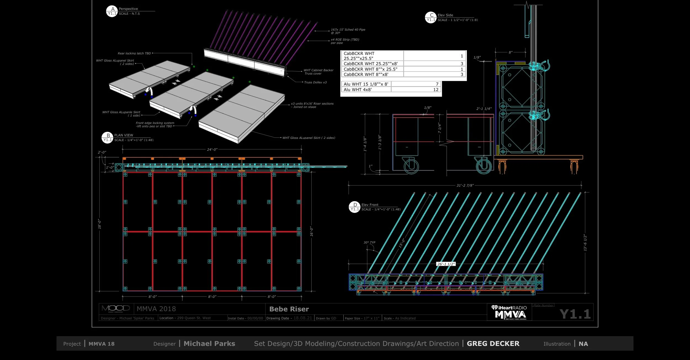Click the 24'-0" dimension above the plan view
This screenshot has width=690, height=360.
(x=212, y=150)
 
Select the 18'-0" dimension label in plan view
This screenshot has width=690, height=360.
(x=100, y=224)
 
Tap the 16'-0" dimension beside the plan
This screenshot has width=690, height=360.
(x=312, y=231)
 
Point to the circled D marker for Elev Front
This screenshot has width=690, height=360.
(x=355, y=207)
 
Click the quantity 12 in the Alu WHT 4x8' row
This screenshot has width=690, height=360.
(x=436, y=90)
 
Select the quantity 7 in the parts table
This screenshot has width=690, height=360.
(x=437, y=84)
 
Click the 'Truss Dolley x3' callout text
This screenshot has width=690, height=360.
(x=315, y=82)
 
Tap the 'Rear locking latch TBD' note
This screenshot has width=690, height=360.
(x=134, y=53)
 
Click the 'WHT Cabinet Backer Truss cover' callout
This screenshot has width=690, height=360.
(x=318, y=72)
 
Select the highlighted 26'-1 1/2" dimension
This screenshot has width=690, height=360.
(x=446, y=264)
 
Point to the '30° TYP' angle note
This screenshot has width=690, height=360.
(x=369, y=242)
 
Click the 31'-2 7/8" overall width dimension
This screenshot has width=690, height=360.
(x=465, y=186)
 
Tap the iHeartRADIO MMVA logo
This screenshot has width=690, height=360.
(x=509, y=313)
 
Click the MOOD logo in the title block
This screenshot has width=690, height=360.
(x=116, y=308)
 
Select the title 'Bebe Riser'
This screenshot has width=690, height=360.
(x=289, y=309)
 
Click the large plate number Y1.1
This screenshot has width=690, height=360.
(x=575, y=314)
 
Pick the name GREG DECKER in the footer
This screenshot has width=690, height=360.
(x=493, y=344)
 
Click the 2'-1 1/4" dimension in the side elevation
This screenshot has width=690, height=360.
(x=484, y=109)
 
